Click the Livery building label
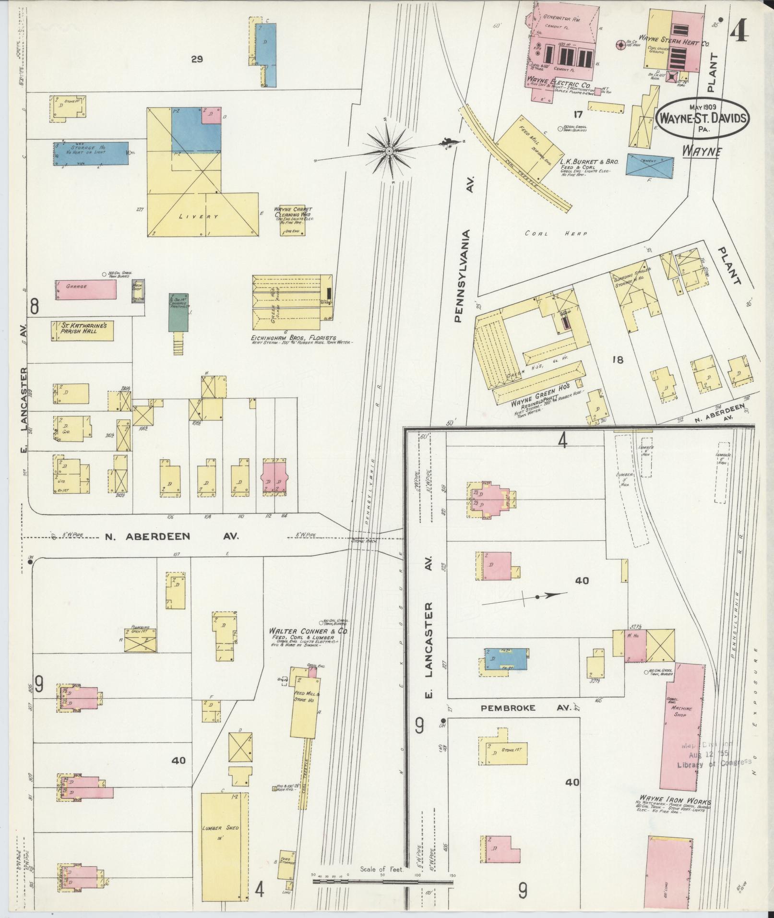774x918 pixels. point(198,216)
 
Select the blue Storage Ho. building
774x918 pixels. point(91,153)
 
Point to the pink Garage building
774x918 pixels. point(86,289)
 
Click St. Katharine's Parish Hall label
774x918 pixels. point(82,331)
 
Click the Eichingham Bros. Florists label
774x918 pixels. point(294,338)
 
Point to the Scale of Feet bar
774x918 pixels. point(382,882)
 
